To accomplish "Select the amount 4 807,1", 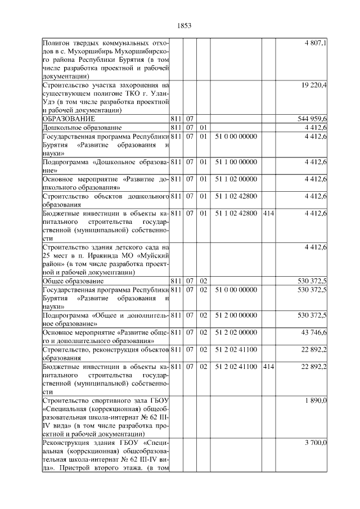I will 317,43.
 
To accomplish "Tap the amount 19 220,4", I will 316,85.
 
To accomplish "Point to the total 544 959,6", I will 313,119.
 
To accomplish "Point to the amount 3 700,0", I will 317,443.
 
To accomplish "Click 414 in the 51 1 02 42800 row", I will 268,213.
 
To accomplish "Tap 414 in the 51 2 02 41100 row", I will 268,366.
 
